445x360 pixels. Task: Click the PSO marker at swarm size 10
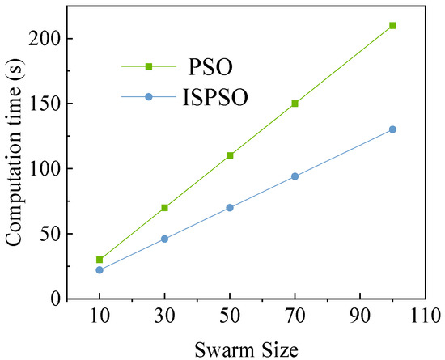[100, 260]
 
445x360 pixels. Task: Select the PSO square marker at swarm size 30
[165, 208]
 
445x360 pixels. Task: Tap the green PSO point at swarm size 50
[230, 155]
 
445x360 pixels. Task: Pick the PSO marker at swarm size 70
[295, 104]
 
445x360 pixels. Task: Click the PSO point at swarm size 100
[392, 25]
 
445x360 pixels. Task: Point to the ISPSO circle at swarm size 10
[100, 270]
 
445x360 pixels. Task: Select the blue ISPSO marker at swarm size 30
[165, 239]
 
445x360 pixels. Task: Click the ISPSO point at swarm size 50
[230, 208]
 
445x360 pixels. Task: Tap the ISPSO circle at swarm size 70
[295, 176]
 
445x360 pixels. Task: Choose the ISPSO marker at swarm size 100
[392, 129]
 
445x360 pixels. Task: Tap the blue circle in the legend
[148, 97]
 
